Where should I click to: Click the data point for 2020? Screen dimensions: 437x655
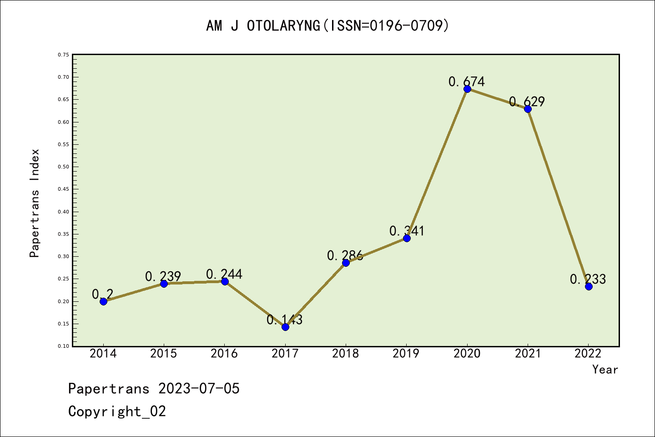click(x=467, y=89)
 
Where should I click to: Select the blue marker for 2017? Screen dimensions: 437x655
click(x=285, y=327)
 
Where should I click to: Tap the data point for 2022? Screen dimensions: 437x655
click(x=589, y=286)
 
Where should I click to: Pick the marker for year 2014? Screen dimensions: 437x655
click(x=103, y=301)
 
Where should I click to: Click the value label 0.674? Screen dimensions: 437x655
click(x=467, y=82)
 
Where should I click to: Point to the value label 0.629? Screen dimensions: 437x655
click(x=527, y=102)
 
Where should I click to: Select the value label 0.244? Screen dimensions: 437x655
click(x=224, y=274)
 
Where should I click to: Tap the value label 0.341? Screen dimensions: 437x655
click(x=407, y=231)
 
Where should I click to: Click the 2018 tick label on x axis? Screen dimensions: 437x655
click(x=346, y=354)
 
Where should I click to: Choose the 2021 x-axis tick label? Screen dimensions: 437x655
click(x=528, y=354)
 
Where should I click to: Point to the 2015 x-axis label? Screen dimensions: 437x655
click(x=164, y=354)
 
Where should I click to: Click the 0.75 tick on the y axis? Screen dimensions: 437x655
click(x=64, y=55)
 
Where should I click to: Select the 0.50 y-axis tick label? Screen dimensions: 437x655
click(x=64, y=167)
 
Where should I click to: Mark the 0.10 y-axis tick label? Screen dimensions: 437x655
click(x=64, y=346)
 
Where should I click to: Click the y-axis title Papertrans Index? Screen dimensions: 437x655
click(x=35, y=203)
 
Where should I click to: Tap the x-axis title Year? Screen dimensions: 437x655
click(x=605, y=370)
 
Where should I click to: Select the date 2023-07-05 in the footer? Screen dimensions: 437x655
click(x=199, y=389)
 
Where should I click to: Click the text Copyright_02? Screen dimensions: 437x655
click(x=117, y=412)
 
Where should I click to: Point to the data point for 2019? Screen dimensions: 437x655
click(x=407, y=238)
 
